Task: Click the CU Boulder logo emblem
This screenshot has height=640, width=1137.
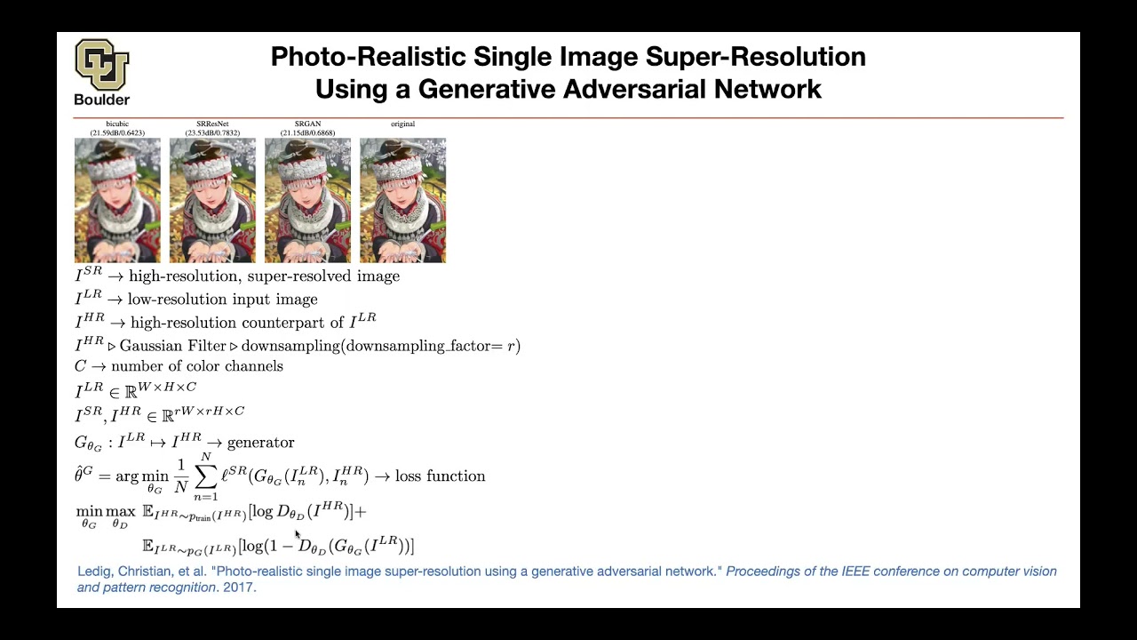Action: pos(101,64)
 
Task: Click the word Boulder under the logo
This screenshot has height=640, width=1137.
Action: pos(101,100)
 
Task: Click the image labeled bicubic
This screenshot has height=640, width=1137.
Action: pos(117,200)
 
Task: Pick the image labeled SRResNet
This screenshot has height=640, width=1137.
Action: pos(212,200)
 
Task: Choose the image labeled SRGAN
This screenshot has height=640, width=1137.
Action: pos(307,200)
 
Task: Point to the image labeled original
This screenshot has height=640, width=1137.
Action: pos(402,200)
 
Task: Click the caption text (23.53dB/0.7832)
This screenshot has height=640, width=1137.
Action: pos(212,133)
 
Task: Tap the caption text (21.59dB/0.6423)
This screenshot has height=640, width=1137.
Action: pos(117,133)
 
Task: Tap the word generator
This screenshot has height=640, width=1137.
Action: pos(260,443)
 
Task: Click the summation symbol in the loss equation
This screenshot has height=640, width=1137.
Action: pos(205,477)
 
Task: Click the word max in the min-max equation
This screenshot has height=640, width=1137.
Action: pos(120,512)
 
